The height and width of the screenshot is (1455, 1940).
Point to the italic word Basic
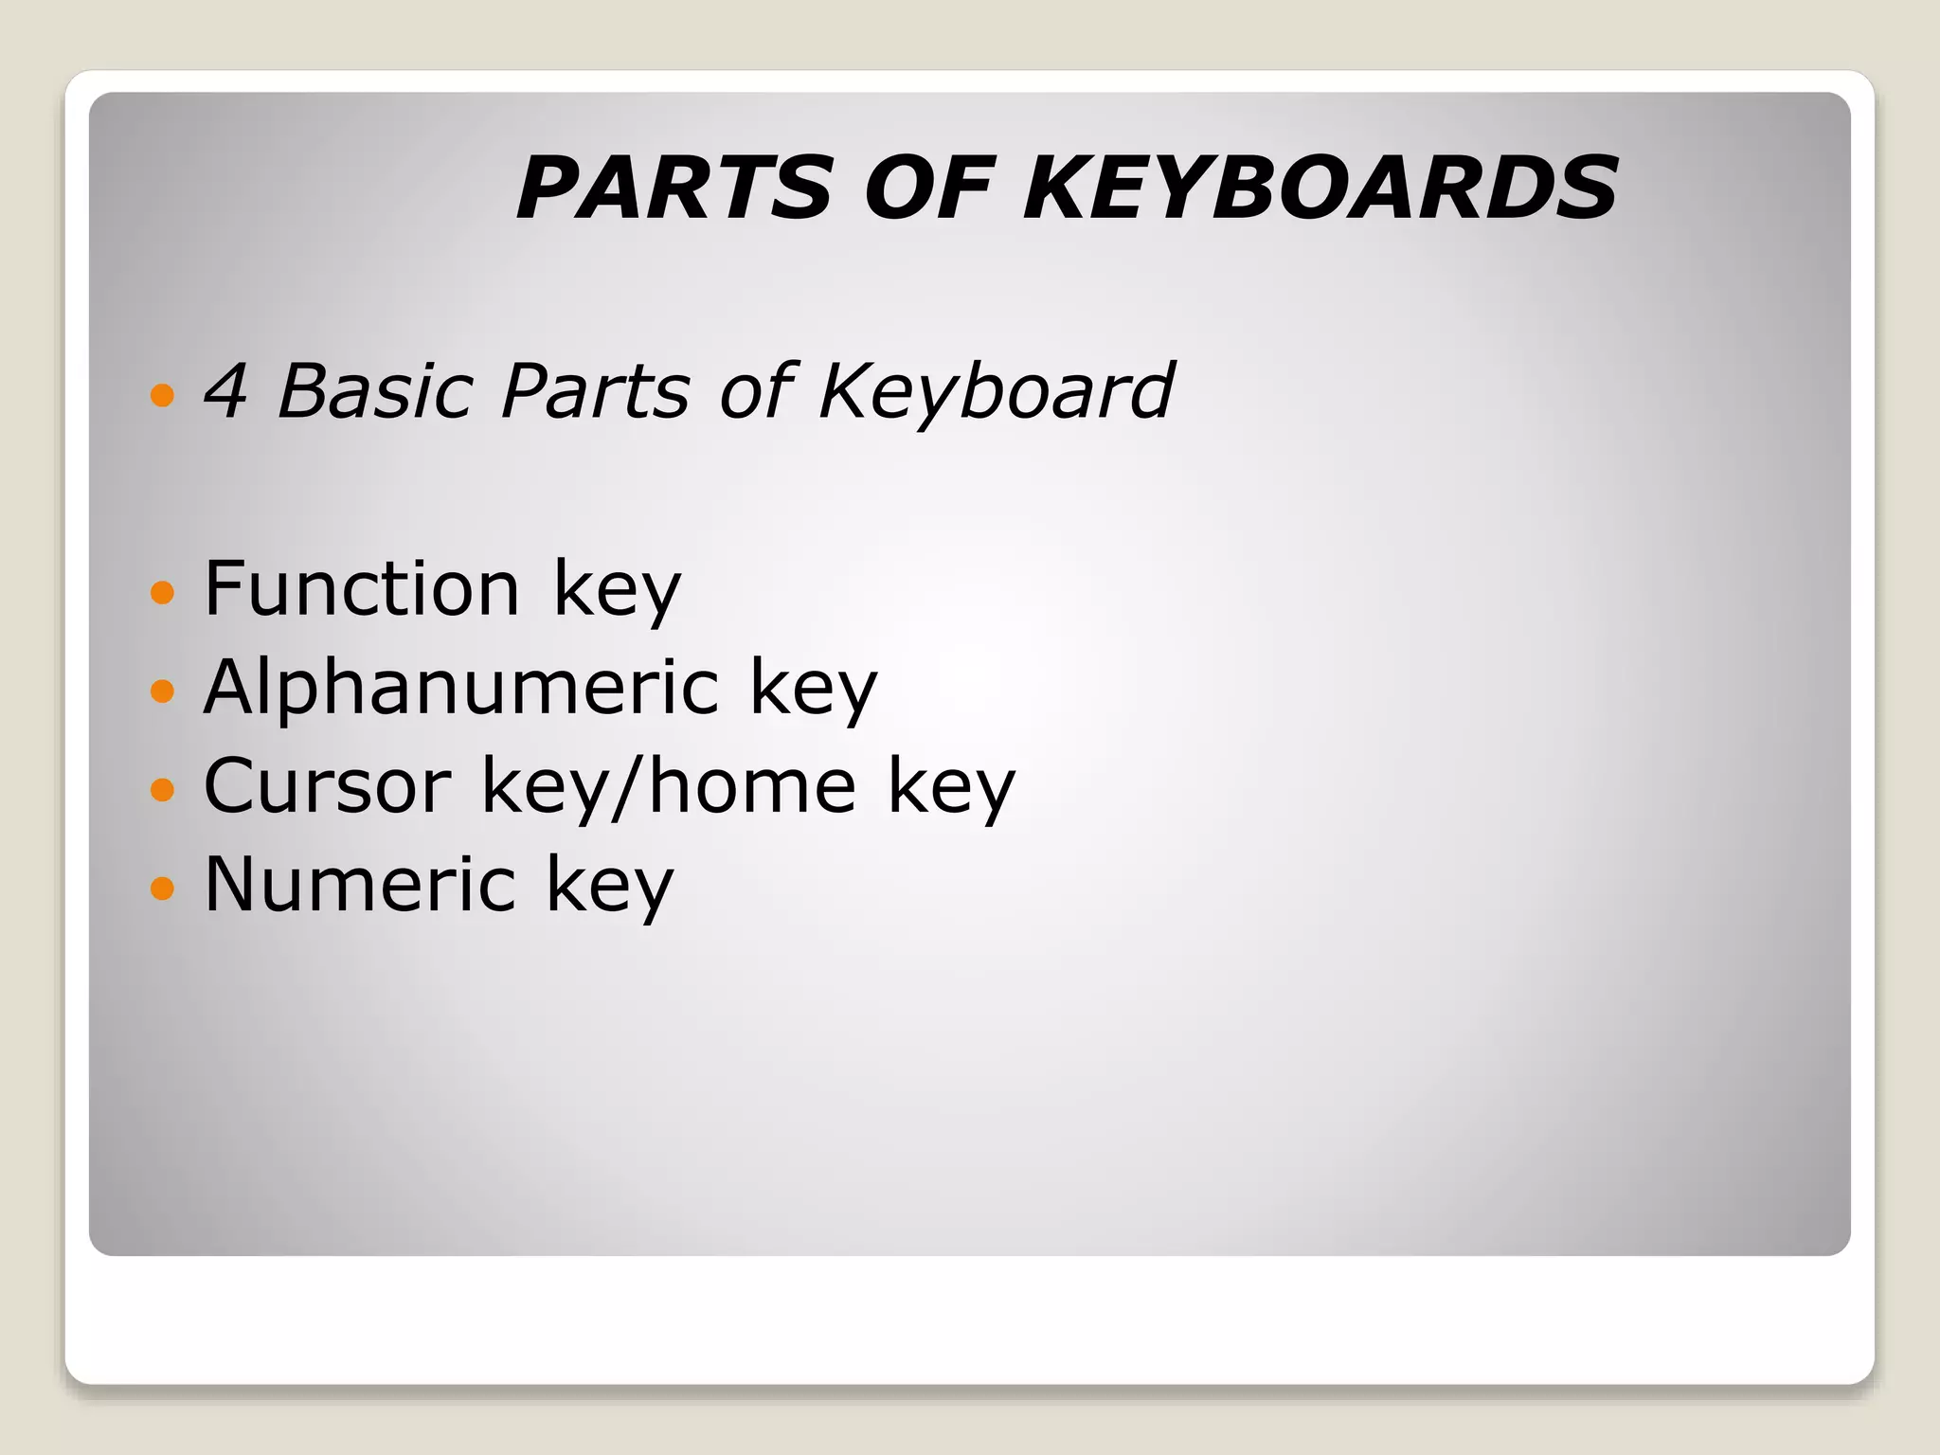(x=374, y=390)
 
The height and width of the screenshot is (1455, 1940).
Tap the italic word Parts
(x=595, y=390)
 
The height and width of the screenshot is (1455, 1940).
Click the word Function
(x=362, y=588)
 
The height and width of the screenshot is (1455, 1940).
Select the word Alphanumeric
(x=461, y=687)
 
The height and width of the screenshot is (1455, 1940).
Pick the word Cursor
(x=328, y=785)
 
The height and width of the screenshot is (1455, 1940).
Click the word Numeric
(x=360, y=884)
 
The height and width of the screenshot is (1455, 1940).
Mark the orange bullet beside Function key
(x=163, y=593)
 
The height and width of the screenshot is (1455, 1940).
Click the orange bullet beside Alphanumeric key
(x=163, y=691)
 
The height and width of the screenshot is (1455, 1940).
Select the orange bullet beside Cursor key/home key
(x=163, y=789)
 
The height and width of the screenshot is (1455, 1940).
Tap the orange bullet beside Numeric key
(x=163, y=888)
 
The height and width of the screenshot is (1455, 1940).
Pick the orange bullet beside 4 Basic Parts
(x=163, y=394)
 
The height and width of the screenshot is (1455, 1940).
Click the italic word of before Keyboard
(x=754, y=390)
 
